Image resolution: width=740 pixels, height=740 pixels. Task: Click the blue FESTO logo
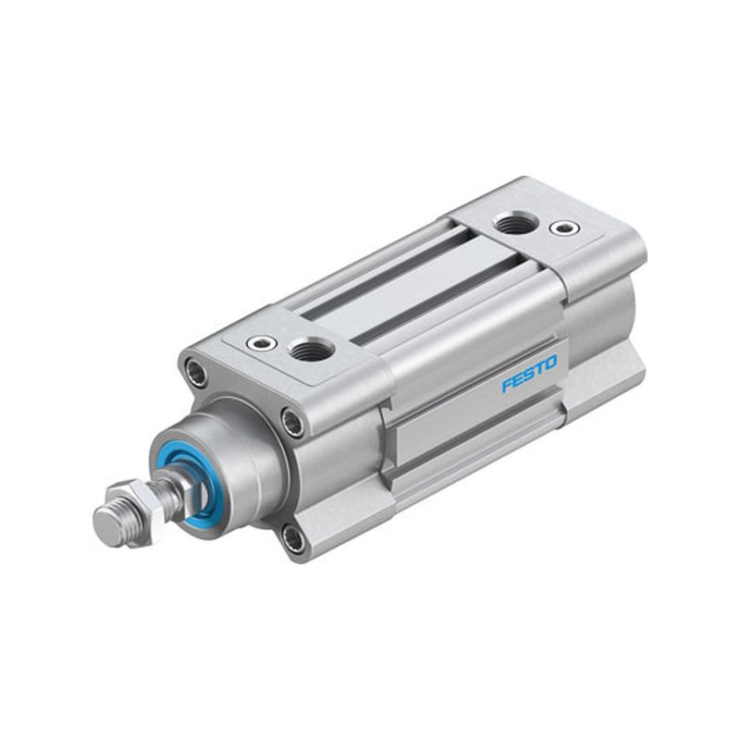pos(529,374)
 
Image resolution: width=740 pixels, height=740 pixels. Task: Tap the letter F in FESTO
pos(507,385)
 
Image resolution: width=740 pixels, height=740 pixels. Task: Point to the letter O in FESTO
pos(550,363)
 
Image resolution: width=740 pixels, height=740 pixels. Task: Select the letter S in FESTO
pos(529,374)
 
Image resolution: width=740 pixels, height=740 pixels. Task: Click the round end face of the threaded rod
pos(106,526)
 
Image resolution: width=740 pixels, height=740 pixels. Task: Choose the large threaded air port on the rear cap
pos(515,223)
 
